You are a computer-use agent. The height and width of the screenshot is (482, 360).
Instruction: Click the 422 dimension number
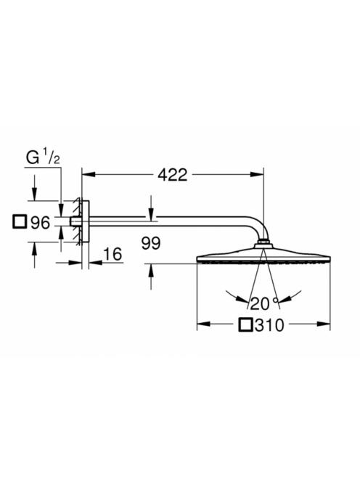172,175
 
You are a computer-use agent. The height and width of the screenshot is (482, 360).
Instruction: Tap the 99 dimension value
151,243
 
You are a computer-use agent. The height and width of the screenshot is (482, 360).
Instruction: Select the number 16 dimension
112,254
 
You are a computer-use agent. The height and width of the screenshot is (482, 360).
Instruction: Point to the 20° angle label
264,303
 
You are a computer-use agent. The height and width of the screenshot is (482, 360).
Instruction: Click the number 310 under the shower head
269,325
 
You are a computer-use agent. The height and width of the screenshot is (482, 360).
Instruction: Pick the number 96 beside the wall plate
40,223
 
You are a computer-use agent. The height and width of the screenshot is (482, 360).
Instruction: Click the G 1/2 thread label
43,158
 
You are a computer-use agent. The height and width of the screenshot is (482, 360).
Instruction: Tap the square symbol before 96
20,222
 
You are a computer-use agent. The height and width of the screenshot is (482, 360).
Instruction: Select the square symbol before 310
245,325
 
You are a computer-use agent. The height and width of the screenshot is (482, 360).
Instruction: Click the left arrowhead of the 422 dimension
89,175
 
